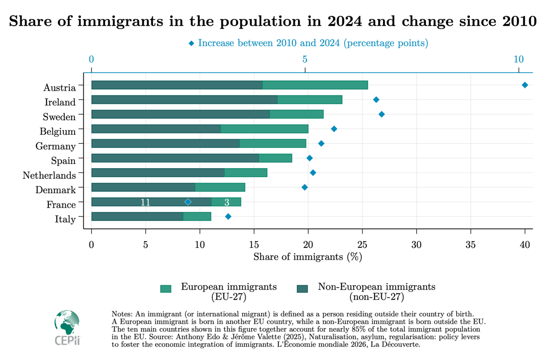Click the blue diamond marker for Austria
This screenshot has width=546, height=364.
[x=525, y=85]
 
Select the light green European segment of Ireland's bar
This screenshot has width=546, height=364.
[x=310, y=100]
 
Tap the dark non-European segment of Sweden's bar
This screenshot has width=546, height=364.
[x=180, y=114]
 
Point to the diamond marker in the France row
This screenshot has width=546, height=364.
[x=188, y=202]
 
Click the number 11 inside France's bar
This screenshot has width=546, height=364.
[x=145, y=202]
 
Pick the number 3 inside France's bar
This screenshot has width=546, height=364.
[x=227, y=202]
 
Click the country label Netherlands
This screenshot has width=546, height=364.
[x=49, y=175]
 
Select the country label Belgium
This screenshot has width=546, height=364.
[x=58, y=132]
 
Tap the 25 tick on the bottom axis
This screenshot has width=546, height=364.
[x=362, y=245]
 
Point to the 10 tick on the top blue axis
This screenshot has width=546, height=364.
[x=518, y=59]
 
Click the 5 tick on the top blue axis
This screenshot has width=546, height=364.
[x=305, y=59]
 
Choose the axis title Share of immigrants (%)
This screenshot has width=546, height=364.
[x=308, y=257]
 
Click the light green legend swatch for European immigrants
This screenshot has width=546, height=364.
[x=166, y=289]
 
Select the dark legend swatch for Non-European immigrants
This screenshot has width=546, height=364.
[x=302, y=289]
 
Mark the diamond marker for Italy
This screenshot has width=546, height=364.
[x=228, y=216]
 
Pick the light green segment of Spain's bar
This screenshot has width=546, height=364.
[x=275, y=158]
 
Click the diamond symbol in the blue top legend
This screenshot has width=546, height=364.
[x=191, y=43]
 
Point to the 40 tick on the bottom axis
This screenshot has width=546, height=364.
[x=525, y=245]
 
